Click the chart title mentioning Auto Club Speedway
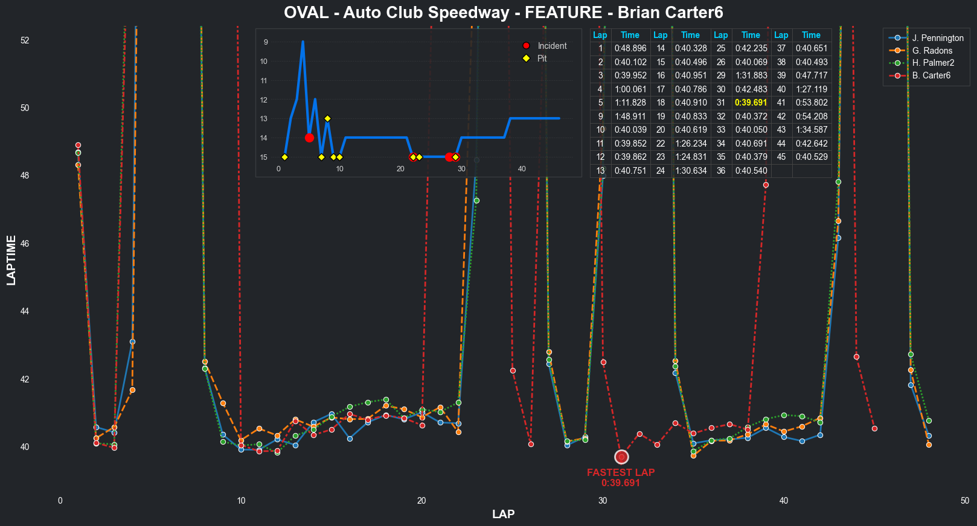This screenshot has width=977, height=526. pyautogui.click(x=503, y=13)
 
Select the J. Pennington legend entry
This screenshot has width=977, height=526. pyautogui.click(x=937, y=38)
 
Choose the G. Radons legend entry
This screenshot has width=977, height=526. pyautogui.click(x=932, y=51)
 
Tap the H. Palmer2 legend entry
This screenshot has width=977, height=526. pyautogui.click(x=933, y=63)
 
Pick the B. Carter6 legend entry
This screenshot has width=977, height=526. pyautogui.click(x=931, y=75)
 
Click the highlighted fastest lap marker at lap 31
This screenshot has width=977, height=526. pyautogui.click(x=621, y=457)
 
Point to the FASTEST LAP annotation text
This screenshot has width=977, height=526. pyautogui.click(x=621, y=473)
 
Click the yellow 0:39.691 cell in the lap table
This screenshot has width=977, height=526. pyautogui.click(x=751, y=103)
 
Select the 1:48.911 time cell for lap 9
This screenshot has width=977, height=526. pyautogui.click(x=630, y=116)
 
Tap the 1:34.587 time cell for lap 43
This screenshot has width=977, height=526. pyautogui.click(x=811, y=130)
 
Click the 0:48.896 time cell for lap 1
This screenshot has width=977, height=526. pyautogui.click(x=630, y=48)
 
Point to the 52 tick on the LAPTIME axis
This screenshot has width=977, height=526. pyautogui.click(x=25, y=40)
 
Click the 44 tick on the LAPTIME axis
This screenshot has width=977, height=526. pyautogui.click(x=25, y=311)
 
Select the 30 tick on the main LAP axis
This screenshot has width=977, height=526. pyautogui.click(x=603, y=501)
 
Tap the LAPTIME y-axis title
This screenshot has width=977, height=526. pyautogui.click(x=11, y=261)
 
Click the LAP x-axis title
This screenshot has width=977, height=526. pyautogui.click(x=503, y=514)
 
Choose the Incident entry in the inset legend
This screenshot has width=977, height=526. pyautogui.click(x=552, y=46)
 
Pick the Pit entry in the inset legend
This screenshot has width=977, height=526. pyautogui.click(x=542, y=59)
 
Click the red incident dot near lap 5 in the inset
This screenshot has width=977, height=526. pyautogui.click(x=309, y=138)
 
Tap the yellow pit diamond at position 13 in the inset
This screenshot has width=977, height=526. pyautogui.click(x=327, y=119)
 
